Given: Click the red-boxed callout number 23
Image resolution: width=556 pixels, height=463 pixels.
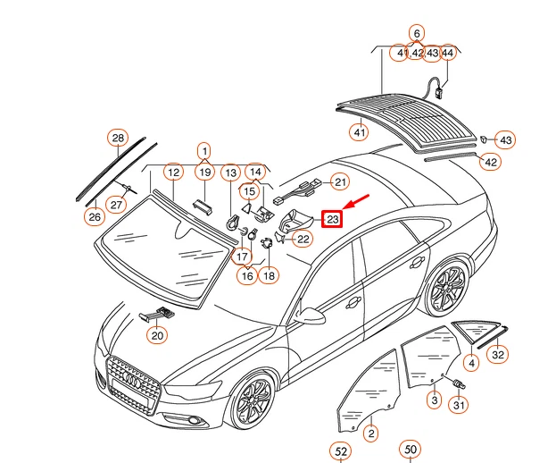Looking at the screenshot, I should (332, 218).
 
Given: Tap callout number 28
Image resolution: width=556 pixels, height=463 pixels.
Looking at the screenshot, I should (118, 138).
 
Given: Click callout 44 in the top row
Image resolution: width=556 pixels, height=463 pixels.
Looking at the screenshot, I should (447, 54).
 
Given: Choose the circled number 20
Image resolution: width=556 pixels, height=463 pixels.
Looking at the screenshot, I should (157, 336).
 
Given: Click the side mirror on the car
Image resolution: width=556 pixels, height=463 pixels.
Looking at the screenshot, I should (311, 315).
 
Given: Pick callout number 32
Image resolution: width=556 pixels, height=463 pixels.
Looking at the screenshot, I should (498, 355).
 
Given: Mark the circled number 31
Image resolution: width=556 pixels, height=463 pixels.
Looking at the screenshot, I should (458, 406).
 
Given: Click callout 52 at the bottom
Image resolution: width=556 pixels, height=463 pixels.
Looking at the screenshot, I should (341, 451).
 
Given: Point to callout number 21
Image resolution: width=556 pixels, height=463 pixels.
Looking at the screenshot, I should (339, 182).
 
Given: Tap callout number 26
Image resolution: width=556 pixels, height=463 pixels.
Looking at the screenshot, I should (94, 216).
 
